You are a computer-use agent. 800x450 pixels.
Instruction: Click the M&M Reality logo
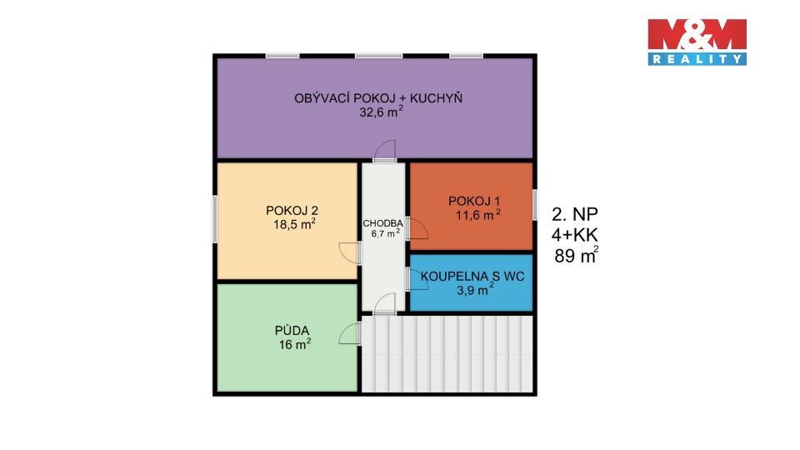697,42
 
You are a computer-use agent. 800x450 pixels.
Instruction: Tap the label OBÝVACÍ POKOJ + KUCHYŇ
377,98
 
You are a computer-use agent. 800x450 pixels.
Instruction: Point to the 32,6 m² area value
377,113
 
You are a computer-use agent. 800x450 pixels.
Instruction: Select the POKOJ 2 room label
287,209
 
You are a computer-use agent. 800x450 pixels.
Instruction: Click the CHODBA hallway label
382,223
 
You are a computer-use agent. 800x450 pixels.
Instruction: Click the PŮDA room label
287,330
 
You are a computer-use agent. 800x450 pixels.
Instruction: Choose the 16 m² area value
293,344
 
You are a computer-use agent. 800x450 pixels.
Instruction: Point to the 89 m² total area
576,257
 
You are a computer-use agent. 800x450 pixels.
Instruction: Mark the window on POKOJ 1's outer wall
534,205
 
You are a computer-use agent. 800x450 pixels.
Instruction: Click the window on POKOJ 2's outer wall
215,218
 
